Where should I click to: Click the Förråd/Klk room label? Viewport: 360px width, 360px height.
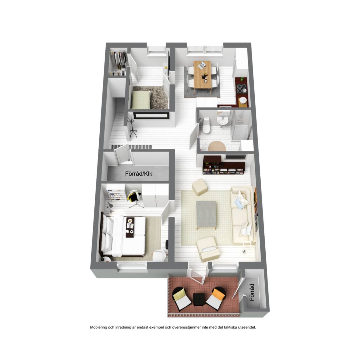138,173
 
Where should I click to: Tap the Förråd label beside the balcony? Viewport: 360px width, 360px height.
252,292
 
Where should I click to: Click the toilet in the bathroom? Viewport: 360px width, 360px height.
206,125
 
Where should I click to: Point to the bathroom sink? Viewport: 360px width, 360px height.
222,120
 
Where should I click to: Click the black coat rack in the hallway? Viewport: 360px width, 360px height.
132,127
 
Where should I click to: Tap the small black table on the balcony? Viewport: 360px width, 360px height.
198,300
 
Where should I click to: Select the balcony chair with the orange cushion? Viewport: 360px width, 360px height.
216,297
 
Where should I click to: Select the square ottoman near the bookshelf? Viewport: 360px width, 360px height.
200,187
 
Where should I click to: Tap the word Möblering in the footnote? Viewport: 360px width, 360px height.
98,327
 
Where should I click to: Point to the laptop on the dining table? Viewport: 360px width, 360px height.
202,65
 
